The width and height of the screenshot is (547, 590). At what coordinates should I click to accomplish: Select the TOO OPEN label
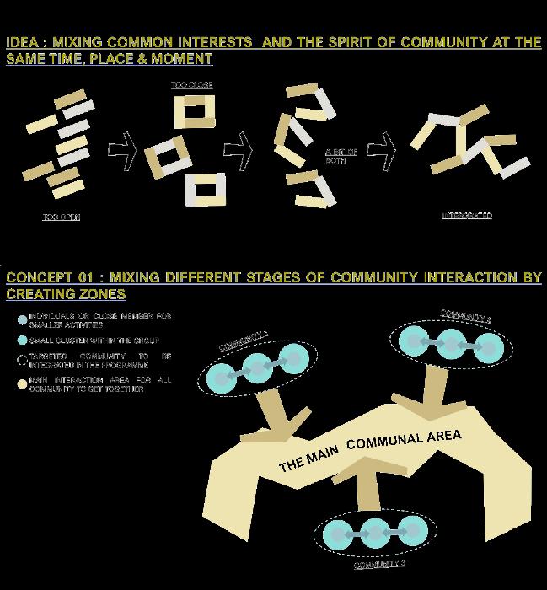tap(61, 217)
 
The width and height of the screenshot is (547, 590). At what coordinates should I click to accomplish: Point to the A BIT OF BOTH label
tap(342, 155)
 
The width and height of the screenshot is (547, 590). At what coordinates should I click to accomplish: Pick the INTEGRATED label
tap(467, 217)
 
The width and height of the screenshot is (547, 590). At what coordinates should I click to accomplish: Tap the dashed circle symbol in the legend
tap(22, 360)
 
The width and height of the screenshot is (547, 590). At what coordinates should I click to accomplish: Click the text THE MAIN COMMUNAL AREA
tap(371, 451)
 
